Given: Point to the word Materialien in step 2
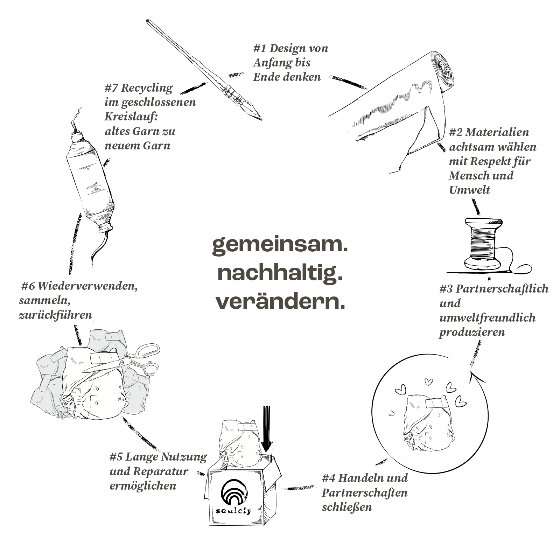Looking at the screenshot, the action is pyautogui.click(x=497, y=132).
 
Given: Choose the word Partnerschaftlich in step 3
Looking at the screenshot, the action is pyautogui.click(x=502, y=289).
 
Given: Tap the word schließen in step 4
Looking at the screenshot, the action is pyautogui.click(x=347, y=507).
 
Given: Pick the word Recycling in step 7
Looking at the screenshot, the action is pyautogui.click(x=147, y=88).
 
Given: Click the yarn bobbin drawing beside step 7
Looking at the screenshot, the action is pyautogui.click(x=90, y=182).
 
